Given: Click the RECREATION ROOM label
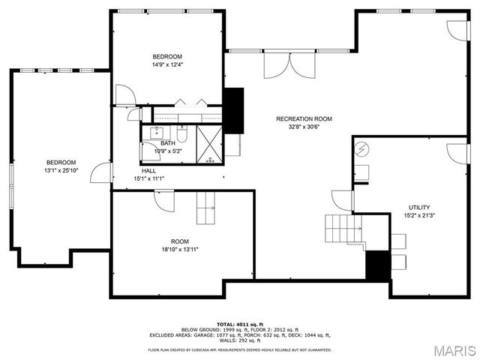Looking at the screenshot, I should pos(304,118).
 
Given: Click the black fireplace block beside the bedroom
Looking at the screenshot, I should pos(235,109).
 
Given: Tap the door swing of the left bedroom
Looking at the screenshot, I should pos(99,172).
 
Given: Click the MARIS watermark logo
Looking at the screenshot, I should pos(454,349).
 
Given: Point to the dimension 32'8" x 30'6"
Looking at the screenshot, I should pos(304,127).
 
